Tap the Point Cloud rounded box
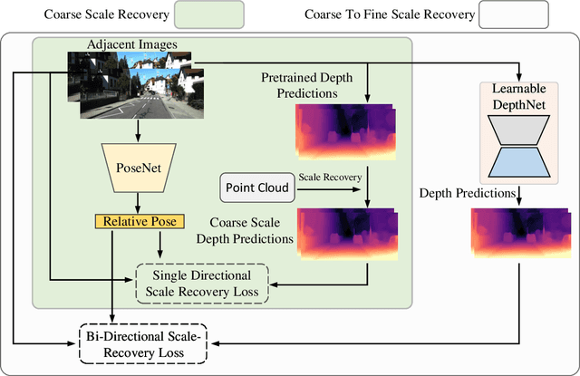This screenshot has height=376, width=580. tap(256, 189)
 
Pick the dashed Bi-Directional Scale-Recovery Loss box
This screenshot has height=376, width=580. tap(143, 342)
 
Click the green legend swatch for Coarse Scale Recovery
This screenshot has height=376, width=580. tap(202, 14)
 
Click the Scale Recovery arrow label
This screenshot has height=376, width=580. tap(332, 177)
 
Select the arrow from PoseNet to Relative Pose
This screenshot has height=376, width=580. tap(136, 202)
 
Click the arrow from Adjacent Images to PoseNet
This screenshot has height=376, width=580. tap(136, 130)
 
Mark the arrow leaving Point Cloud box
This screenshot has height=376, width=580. tap(329, 190)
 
